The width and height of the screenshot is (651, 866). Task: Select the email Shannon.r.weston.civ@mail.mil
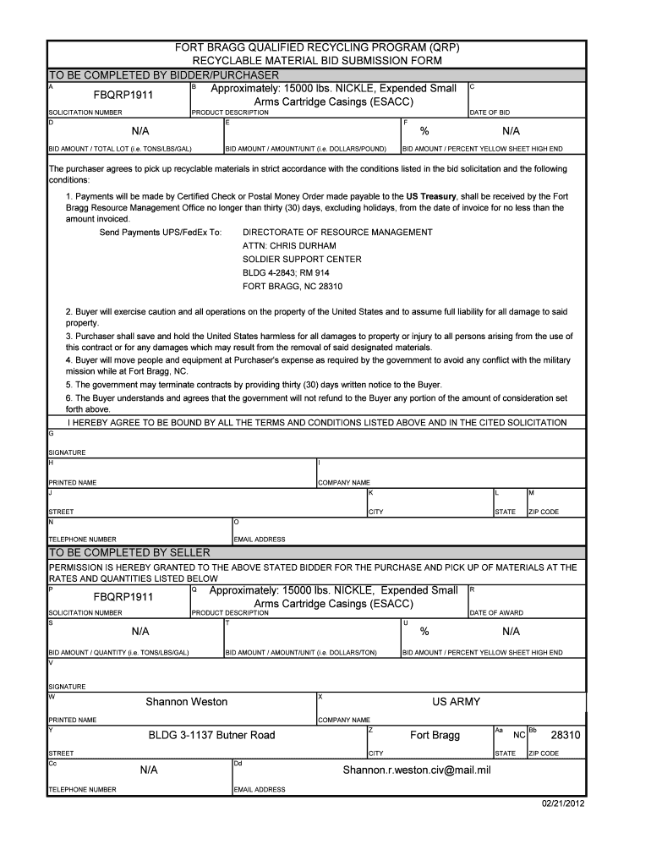416,770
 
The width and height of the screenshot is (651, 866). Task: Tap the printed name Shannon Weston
186,702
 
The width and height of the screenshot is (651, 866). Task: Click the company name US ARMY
456,702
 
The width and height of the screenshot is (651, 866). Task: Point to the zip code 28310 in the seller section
566,736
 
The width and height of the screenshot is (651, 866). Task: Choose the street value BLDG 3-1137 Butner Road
211,736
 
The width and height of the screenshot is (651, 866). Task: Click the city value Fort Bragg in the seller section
435,736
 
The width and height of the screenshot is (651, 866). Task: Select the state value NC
519,737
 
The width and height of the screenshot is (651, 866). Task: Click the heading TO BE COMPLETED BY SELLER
129,552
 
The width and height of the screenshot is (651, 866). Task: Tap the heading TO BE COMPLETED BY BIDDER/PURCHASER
163,75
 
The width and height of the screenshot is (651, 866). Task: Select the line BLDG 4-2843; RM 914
286,272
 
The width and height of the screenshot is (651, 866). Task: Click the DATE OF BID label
490,112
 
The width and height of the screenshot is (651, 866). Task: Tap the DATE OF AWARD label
496,613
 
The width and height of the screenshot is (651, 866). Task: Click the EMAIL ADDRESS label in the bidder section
259,540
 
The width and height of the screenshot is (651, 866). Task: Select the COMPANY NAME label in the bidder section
343,483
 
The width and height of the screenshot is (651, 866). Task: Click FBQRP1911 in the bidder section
123,95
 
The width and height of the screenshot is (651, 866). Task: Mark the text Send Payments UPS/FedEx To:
160,232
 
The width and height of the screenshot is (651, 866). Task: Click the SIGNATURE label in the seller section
67,687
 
